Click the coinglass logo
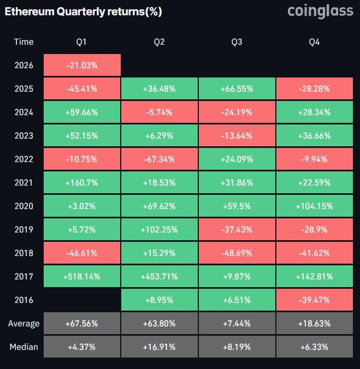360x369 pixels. pyautogui.click(x=320, y=11)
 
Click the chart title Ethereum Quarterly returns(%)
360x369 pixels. pyautogui.click(x=83, y=11)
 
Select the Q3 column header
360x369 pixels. pyautogui.click(x=237, y=42)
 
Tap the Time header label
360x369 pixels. pyautogui.click(x=23, y=42)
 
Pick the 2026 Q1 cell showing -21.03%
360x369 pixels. pyautogui.click(x=81, y=66)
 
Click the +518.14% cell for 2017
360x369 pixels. pyautogui.click(x=81, y=276)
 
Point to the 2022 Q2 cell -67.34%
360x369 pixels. pyautogui.click(x=159, y=159)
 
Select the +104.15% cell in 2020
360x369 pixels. pyautogui.click(x=315, y=206)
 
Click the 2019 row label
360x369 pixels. pyautogui.click(x=23, y=230)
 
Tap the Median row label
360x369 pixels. pyautogui.click(x=23, y=347)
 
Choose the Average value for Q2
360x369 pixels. pyautogui.click(x=159, y=324)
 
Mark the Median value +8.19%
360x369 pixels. pyautogui.click(x=237, y=347)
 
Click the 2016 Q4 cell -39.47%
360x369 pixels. pyautogui.click(x=315, y=300)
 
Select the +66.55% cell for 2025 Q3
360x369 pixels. pyautogui.click(x=237, y=89)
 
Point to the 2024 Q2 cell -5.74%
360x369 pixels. pyautogui.click(x=159, y=112)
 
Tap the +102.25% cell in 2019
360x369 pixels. pyautogui.click(x=159, y=230)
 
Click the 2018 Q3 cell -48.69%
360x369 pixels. pyautogui.click(x=237, y=253)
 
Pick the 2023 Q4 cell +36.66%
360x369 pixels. pyautogui.click(x=315, y=136)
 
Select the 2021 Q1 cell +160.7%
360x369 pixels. pyautogui.click(x=81, y=183)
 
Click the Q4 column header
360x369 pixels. pyautogui.click(x=315, y=42)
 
